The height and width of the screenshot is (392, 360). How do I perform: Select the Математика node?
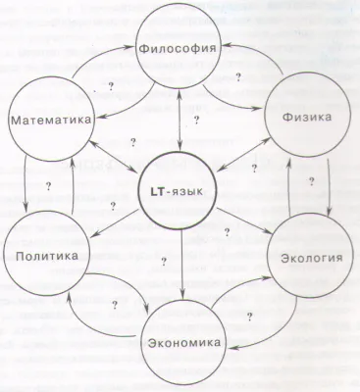52,120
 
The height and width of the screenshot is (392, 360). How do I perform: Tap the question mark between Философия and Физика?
238,76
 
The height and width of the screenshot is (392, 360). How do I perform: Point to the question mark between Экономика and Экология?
251,316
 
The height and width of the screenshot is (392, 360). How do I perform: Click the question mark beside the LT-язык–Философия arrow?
198,120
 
